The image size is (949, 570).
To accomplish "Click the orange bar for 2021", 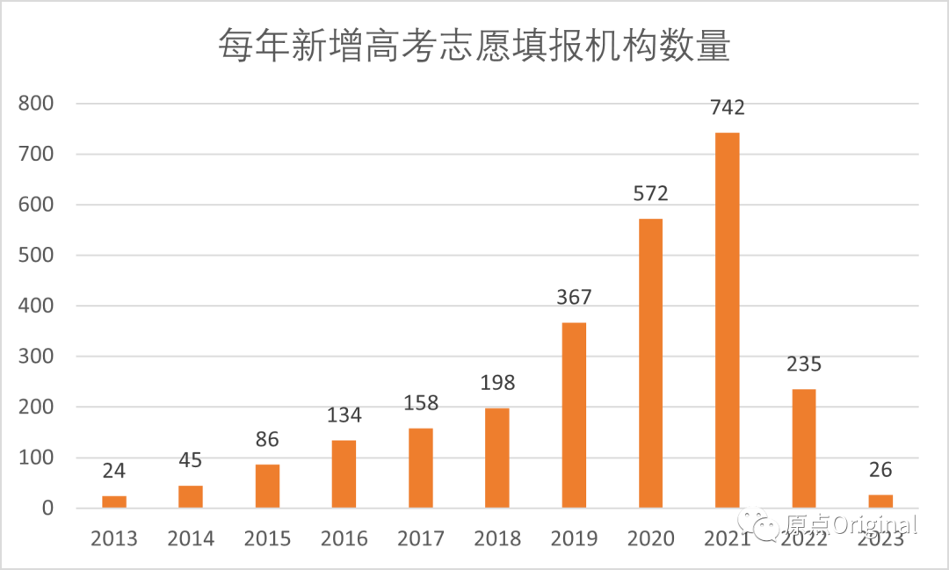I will tap(727, 320).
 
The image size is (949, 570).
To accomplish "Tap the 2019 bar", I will tap(574, 415).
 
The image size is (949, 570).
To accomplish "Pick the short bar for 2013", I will tap(114, 501).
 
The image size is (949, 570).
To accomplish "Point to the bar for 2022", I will tap(803, 448).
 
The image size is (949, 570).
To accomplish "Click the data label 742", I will tap(727, 108).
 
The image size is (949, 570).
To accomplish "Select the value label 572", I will tap(650, 194).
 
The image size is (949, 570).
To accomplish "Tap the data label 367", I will tap(574, 298).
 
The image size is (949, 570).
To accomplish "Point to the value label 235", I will tap(803, 364).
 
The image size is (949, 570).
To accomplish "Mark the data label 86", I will tap(267, 440).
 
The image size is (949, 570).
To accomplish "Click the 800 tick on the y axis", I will tap(36, 104).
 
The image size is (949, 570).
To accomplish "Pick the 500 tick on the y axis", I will tap(36, 256).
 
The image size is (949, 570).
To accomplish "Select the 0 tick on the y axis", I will tap(47, 509).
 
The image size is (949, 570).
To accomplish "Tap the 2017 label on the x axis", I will tap(421, 538).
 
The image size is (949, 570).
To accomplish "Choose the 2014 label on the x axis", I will tap(191, 538).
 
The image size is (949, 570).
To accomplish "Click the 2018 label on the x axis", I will tap(497, 538).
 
